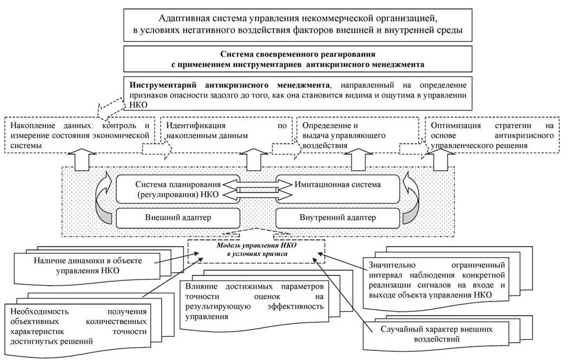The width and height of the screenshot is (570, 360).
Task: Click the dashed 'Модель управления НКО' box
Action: tap(257, 250)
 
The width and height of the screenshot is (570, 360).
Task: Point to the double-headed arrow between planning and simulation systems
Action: tap(254, 189)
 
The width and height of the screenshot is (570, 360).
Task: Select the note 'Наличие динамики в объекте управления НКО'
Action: tap(87, 266)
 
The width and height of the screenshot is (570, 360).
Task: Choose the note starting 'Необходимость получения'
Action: tap(79, 325)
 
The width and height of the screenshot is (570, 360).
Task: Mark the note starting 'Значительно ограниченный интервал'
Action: tap(437, 280)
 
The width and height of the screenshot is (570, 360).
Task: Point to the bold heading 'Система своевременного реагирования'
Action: tap(298, 54)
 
